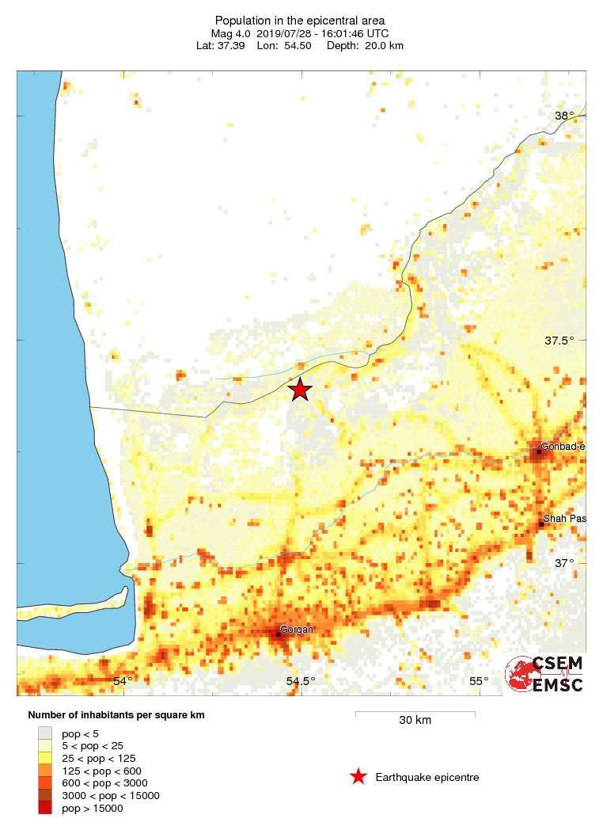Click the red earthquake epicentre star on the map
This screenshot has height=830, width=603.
pyautogui.click(x=299, y=390)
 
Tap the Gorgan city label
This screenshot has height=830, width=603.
pyautogui.click(x=298, y=630)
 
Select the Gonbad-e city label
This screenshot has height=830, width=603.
pyautogui.click(x=563, y=447)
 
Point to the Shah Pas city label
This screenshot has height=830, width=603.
pyautogui.click(x=564, y=519)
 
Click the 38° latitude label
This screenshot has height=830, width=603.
pyautogui.click(x=564, y=116)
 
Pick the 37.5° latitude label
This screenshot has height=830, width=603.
pyautogui.click(x=559, y=341)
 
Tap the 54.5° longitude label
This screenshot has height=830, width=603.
pyautogui.click(x=300, y=681)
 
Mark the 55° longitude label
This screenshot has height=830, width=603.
pyautogui.click(x=479, y=681)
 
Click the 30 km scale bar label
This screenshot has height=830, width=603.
pyautogui.click(x=415, y=721)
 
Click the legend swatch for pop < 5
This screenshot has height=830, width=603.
pyautogui.click(x=45, y=733)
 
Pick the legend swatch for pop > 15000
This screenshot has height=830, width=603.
pyautogui.click(x=45, y=808)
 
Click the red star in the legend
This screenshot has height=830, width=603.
pyautogui.click(x=358, y=777)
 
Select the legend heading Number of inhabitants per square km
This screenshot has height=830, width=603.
pyautogui.click(x=116, y=715)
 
